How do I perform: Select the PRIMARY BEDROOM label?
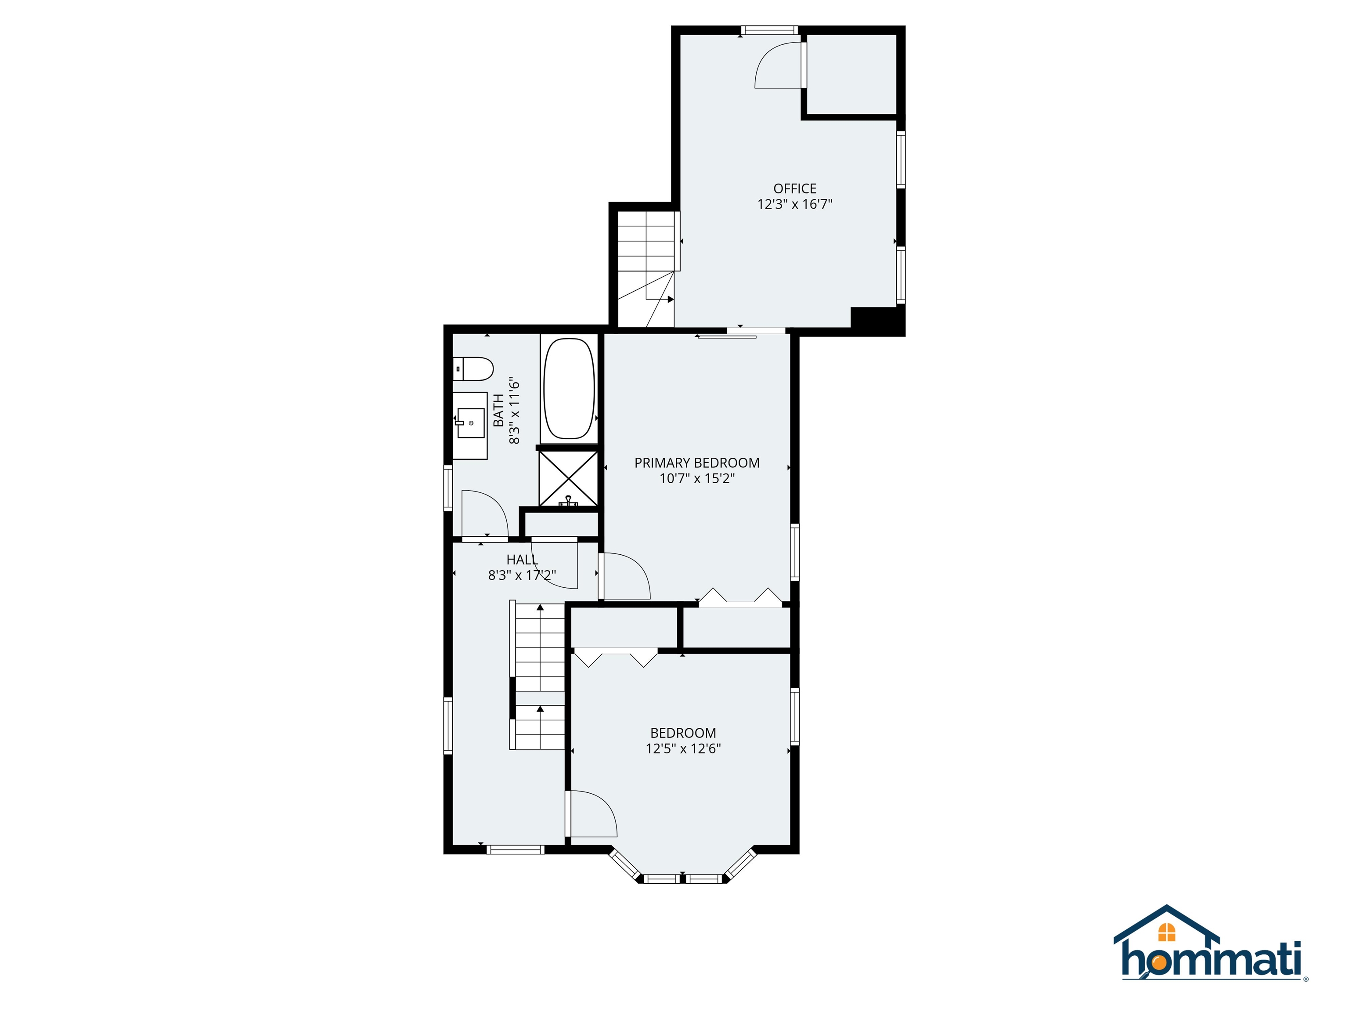(696, 463)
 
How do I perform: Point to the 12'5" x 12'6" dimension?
(683, 748)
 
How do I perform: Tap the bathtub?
(568, 389)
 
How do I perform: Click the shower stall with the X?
(568, 478)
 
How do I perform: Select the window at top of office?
(769, 30)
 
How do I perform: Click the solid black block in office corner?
(877, 320)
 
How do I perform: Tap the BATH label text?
(498, 410)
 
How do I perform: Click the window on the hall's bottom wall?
(516, 849)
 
